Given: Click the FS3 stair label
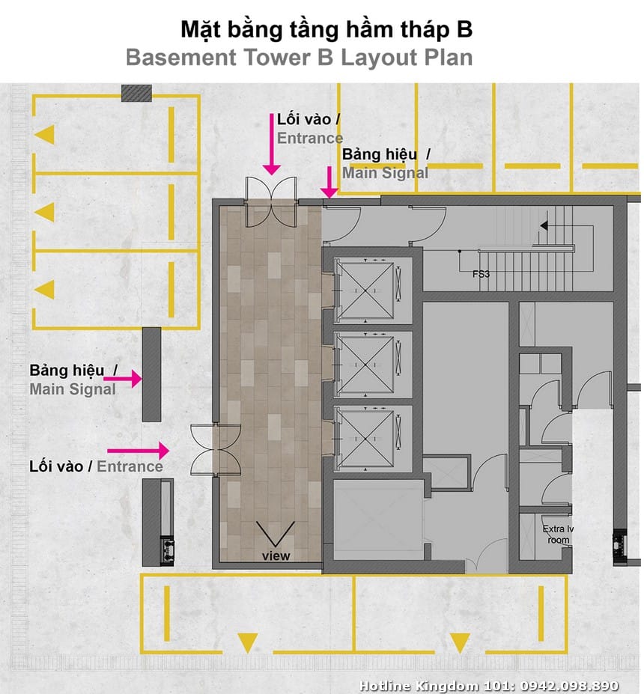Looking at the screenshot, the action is [481, 274].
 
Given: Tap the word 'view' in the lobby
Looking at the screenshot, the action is [276, 556].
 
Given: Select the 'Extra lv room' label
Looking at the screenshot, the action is [558, 535].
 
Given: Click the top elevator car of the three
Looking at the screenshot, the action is [365, 290].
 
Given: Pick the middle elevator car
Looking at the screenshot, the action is [365, 365].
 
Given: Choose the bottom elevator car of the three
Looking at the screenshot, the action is [365, 439].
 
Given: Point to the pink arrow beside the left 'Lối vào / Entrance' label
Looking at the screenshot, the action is [139, 451].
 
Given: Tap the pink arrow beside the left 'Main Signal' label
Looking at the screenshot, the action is [123, 379].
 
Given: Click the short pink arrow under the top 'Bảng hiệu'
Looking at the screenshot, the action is [329, 182].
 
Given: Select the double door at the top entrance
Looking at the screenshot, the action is [271, 202].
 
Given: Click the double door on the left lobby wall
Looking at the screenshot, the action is [216, 450].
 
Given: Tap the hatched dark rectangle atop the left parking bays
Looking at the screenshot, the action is [137, 93].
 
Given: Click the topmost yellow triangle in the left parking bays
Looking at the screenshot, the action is [45, 135].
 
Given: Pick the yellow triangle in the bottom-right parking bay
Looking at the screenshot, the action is [460, 643].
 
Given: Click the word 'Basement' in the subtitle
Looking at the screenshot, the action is [181, 58].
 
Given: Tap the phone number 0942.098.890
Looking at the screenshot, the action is [569, 686].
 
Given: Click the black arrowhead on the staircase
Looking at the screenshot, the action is [544, 226].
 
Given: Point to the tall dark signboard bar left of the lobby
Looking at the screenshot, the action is [151, 374].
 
